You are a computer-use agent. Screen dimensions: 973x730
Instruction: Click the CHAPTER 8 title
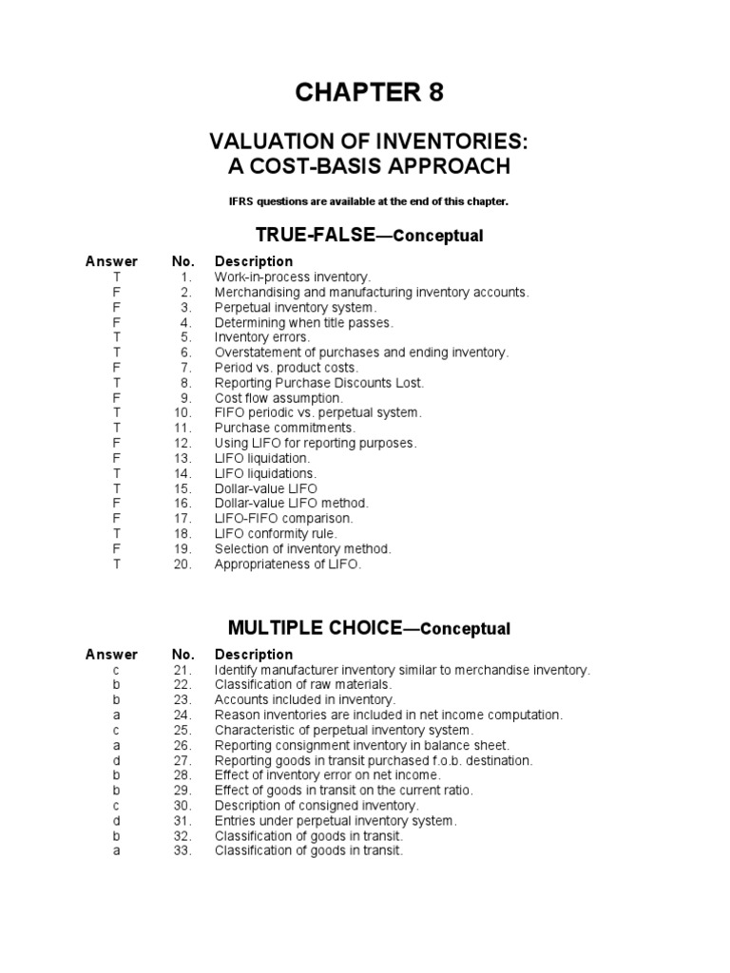(369, 93)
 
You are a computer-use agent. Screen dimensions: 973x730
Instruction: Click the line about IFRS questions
(369, 201)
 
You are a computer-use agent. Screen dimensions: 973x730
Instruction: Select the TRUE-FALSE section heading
(369, 235)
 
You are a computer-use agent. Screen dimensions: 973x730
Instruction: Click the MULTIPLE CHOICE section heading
(369, 628)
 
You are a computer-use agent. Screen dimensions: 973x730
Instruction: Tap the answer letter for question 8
(116, 383)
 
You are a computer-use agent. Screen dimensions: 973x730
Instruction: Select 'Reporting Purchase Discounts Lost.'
(319, 383)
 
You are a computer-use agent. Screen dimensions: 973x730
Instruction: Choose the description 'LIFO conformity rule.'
(276, 534)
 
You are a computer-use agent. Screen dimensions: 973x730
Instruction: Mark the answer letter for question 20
(116, 564)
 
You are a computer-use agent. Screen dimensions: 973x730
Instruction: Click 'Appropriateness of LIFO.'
(288, 564)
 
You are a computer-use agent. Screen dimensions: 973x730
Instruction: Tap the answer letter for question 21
(116, 670)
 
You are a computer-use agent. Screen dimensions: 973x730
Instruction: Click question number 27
(182, 760)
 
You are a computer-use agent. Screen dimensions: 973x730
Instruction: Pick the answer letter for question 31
(116, 821)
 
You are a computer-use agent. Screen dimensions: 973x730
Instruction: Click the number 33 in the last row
(182, 851)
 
